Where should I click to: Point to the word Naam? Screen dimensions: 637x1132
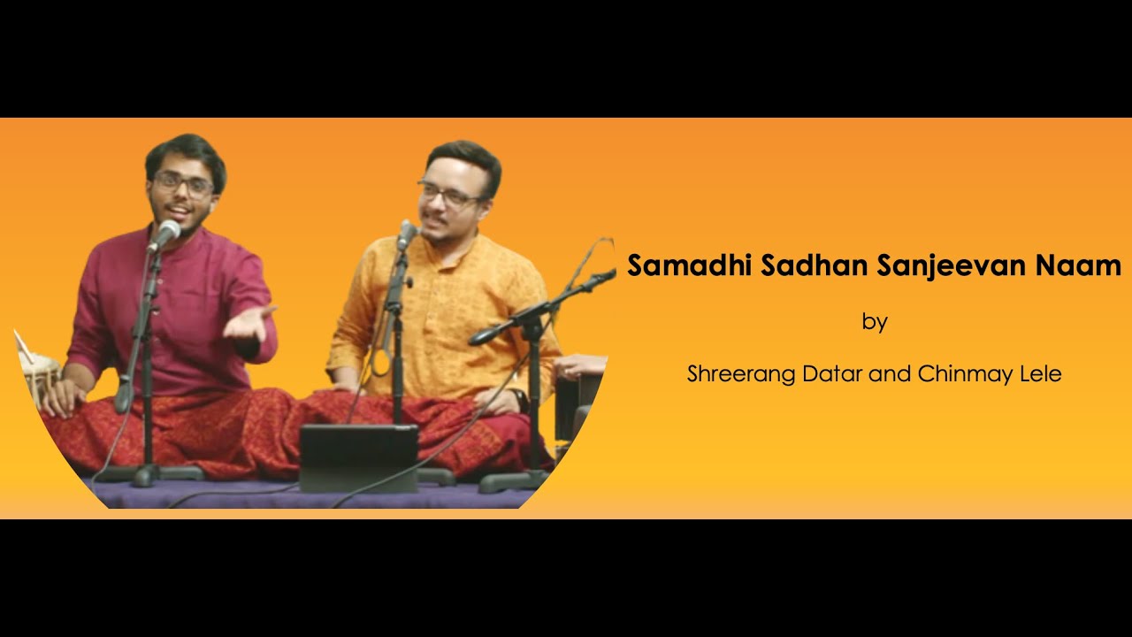pos(1083,265)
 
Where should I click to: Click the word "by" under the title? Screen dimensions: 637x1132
pos(874,322)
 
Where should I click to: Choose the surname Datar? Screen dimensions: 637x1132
pos(832,374)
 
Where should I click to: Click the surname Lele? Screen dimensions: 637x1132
pos(1039,374)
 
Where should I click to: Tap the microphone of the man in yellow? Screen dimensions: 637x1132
pos(407,234)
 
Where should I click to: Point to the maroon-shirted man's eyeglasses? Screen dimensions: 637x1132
pos(183,185)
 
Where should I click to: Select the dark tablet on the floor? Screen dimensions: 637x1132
pos(358,457)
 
